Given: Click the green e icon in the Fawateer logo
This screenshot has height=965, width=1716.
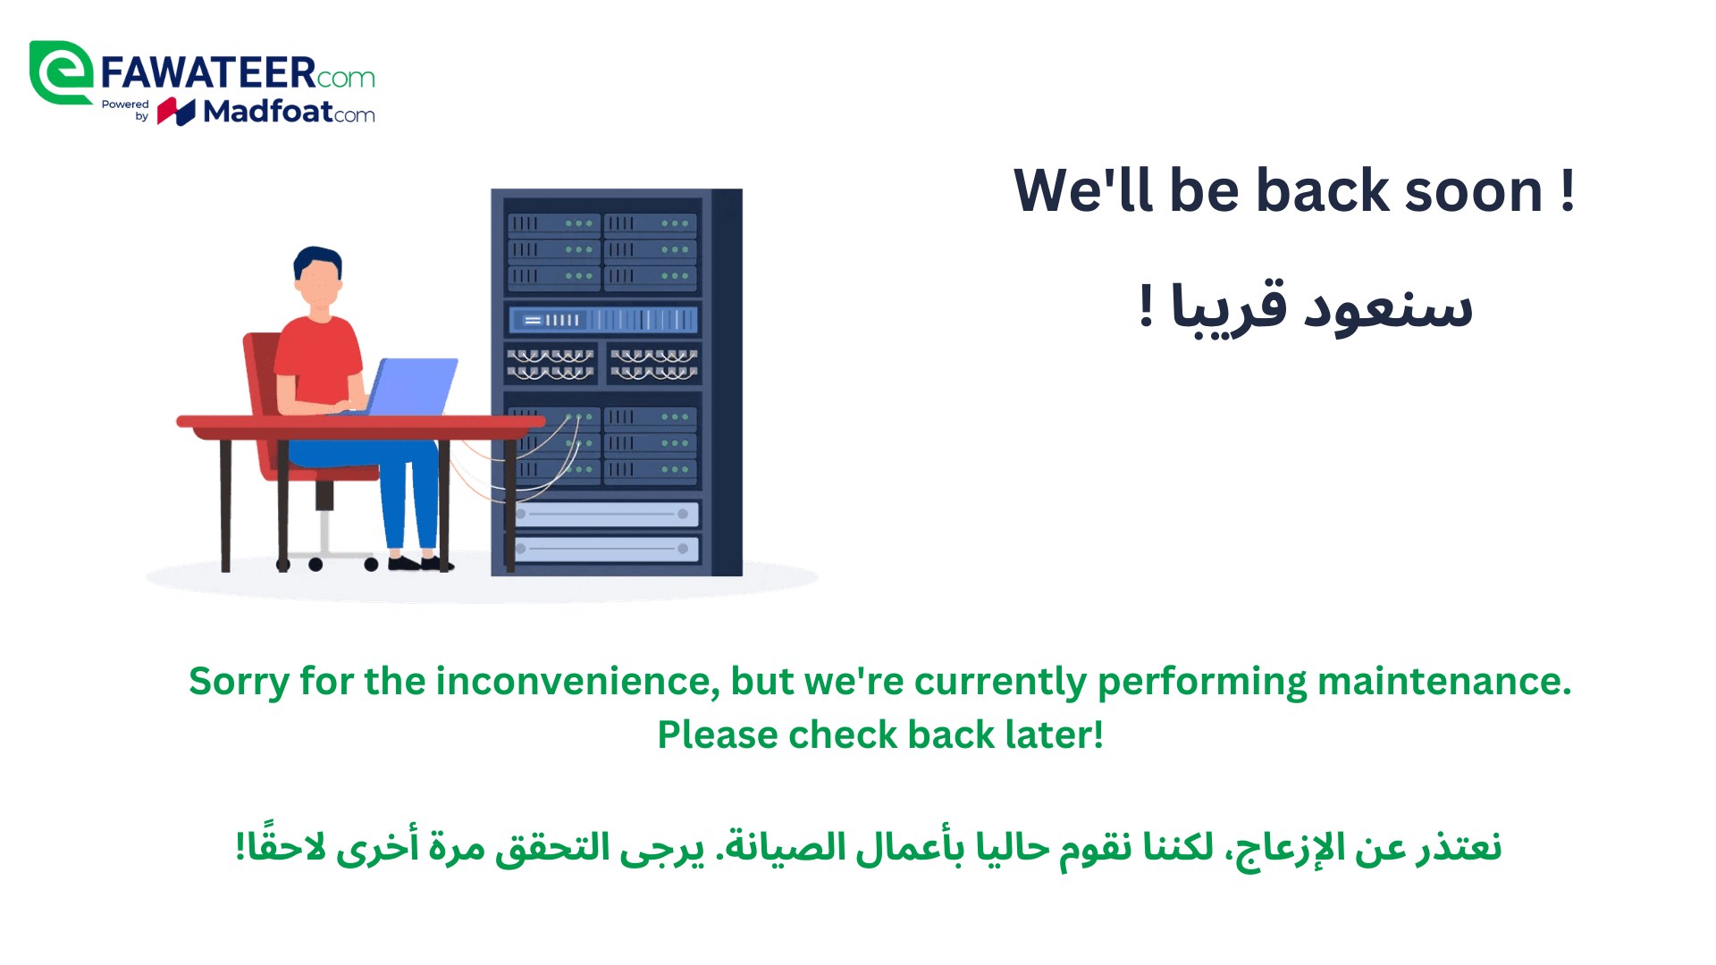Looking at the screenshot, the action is pos(61,73).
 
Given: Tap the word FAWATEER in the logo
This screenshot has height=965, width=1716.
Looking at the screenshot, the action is pos(208,73).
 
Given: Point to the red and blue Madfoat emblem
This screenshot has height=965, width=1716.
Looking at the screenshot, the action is pos(176,112).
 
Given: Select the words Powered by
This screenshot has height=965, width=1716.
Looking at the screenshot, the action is pos(126,110).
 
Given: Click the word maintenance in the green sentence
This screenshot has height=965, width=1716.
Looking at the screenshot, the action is pos(1444,681).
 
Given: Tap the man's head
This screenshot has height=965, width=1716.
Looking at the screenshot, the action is pos(318,275).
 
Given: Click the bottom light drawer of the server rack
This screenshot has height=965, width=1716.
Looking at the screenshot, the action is pos(603,549).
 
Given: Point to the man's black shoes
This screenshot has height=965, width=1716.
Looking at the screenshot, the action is pos(420,563).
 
